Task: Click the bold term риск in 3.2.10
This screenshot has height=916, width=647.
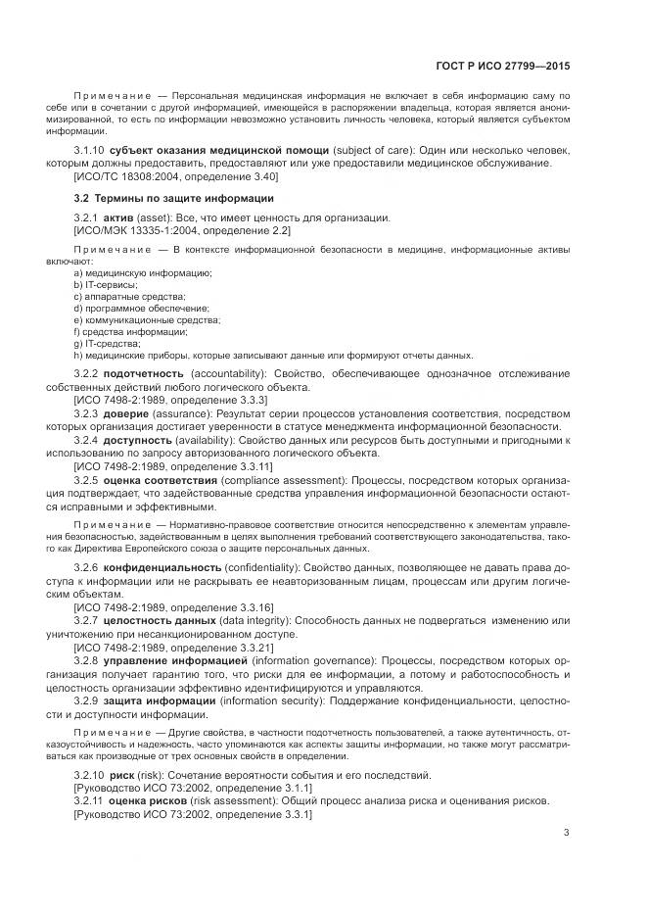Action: pos(126,775)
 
